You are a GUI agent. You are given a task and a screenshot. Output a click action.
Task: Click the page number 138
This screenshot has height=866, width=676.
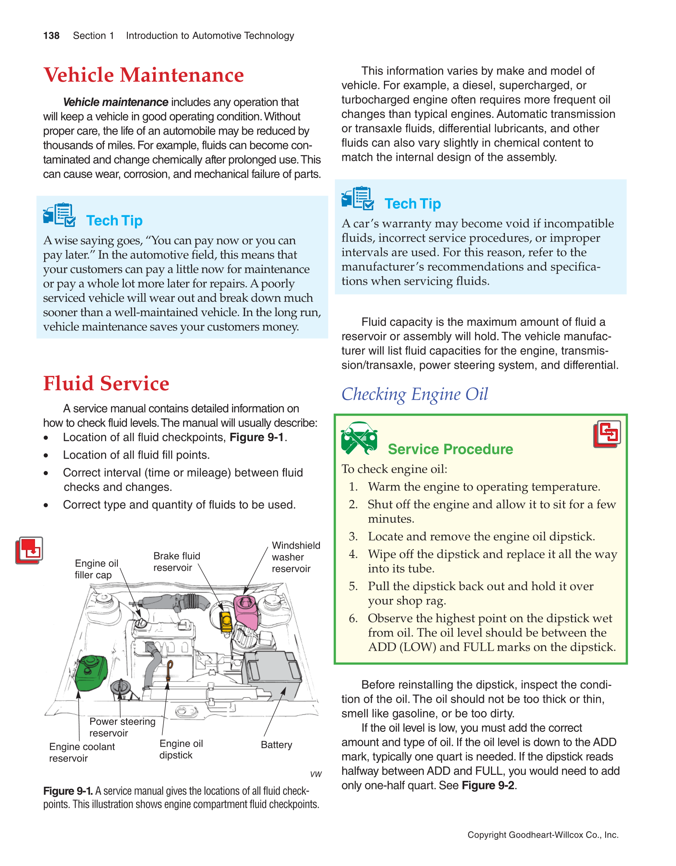[51, 36]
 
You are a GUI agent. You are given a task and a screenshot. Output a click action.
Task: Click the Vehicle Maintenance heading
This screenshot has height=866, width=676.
[144, 75]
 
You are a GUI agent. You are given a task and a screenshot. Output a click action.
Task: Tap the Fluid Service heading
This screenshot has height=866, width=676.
[106, 383]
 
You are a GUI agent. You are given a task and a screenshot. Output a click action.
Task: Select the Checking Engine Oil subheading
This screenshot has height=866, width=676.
[415, 394]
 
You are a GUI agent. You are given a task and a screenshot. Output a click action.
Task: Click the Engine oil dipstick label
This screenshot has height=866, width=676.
[181, 749]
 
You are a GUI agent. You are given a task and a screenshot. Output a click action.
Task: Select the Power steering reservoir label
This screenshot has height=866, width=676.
[122, 727]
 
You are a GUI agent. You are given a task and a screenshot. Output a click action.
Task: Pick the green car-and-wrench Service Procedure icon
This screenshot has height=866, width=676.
[359, 438]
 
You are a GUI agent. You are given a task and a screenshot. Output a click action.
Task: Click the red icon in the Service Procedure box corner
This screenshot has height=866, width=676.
[607, 434]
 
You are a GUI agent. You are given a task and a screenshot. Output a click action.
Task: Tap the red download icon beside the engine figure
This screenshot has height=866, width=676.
[29, 550]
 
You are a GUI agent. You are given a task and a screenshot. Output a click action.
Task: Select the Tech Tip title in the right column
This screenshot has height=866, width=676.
[413, 204]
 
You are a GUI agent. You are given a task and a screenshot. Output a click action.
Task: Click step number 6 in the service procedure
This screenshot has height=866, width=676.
[353, 618]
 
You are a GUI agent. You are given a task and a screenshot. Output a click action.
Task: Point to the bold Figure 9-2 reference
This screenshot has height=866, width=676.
[488, 785]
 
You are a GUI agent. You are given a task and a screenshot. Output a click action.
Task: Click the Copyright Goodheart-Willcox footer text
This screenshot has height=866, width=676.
[543, 835]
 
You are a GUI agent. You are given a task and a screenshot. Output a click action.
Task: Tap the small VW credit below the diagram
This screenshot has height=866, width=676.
[316, 774]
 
